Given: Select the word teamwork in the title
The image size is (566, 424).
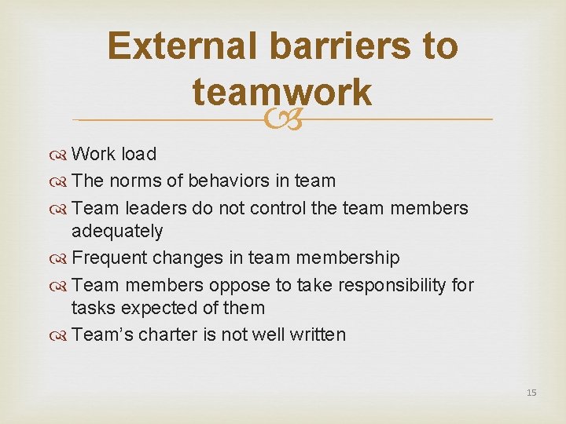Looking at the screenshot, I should (281, 92).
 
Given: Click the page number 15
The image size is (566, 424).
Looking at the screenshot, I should (531, 392).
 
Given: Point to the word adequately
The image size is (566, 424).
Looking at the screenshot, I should (117, 231).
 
